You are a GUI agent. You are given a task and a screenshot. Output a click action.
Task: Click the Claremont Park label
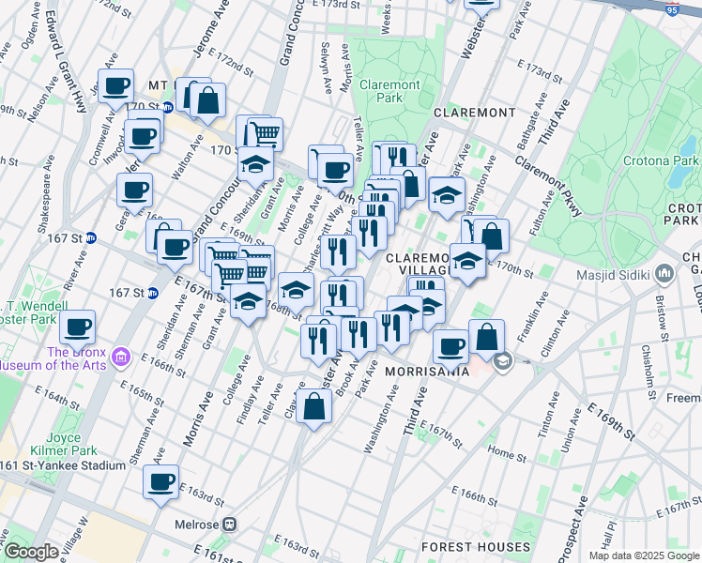click(x=392, y=92)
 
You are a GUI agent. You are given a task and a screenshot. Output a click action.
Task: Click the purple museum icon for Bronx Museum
click(x=120, y=357)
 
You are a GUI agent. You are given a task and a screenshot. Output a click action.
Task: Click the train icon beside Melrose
click(x=228, y=525)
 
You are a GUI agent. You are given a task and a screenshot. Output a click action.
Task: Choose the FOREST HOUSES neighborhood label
click(x=475, y=546)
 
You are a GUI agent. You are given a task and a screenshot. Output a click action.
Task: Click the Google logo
click(x=31, y=552)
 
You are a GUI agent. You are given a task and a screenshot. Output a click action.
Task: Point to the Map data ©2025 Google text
click(x=643, y=555)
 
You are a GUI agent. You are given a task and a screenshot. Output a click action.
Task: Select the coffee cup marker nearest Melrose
click(x=160, y=482)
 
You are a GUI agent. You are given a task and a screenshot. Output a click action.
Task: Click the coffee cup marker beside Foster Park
click(x=78, y=327)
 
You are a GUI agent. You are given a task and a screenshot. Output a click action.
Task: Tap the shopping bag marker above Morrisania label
click(x=486, y=336)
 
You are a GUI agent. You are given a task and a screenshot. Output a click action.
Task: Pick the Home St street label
click(x=507, y=454)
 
